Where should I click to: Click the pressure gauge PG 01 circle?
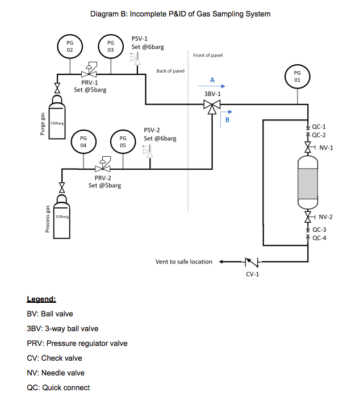(x=298, y=76)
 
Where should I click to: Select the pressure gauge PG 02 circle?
(x=70, y=46)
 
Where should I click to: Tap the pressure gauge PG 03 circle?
(x=111, y=46)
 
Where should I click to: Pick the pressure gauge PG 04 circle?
(x=83, y=141)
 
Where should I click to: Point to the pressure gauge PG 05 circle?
(x=123, y=141)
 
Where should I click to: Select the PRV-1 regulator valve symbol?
(x=89, y=72)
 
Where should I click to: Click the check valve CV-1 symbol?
(x=250, y=262)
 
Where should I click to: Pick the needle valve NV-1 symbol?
(x=308, y=148)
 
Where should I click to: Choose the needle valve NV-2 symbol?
(x=308, y=217)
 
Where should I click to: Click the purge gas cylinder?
(x=57, y=120)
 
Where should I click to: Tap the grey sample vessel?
(x=308, y=182)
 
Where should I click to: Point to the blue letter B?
(x=228, y=120)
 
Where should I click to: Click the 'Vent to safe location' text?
(x=183, y=262)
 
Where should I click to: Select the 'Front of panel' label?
(x=208, y=56)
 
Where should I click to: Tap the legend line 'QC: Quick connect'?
(x=58, y=387)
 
